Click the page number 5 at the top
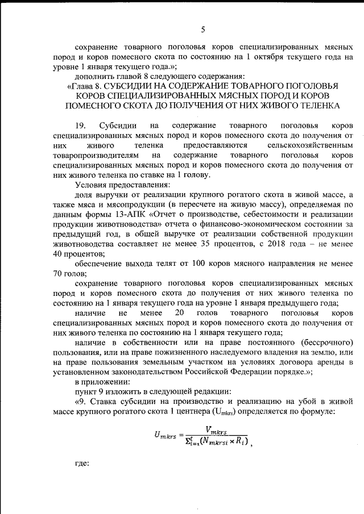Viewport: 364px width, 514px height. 202,30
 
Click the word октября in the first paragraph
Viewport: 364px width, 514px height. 270,57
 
